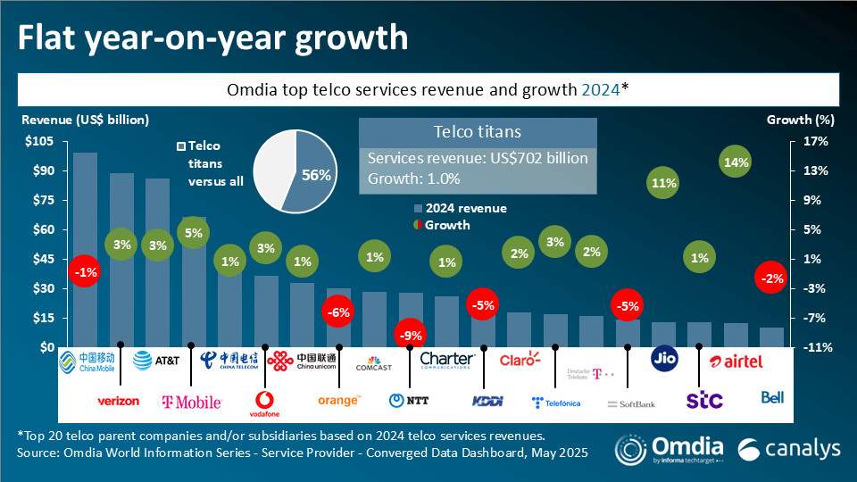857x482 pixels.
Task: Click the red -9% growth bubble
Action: [411, 336]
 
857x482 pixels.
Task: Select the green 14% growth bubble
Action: [737, 162]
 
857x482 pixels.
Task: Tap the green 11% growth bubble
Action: [664, 183]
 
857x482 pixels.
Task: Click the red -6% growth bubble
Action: [339, 312]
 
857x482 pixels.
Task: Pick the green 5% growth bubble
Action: [194, 233]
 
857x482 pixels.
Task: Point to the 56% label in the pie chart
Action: [316, 176]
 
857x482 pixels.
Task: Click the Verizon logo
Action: [118, 401]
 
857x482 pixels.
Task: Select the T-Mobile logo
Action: [191, 402]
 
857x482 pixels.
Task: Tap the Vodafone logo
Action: [266, 403]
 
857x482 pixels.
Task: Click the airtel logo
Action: [736, 361]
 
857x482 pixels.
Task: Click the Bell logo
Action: [772, 397]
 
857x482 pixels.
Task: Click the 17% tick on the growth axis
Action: [817, 141]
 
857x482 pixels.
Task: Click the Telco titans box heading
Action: [477, 132]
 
